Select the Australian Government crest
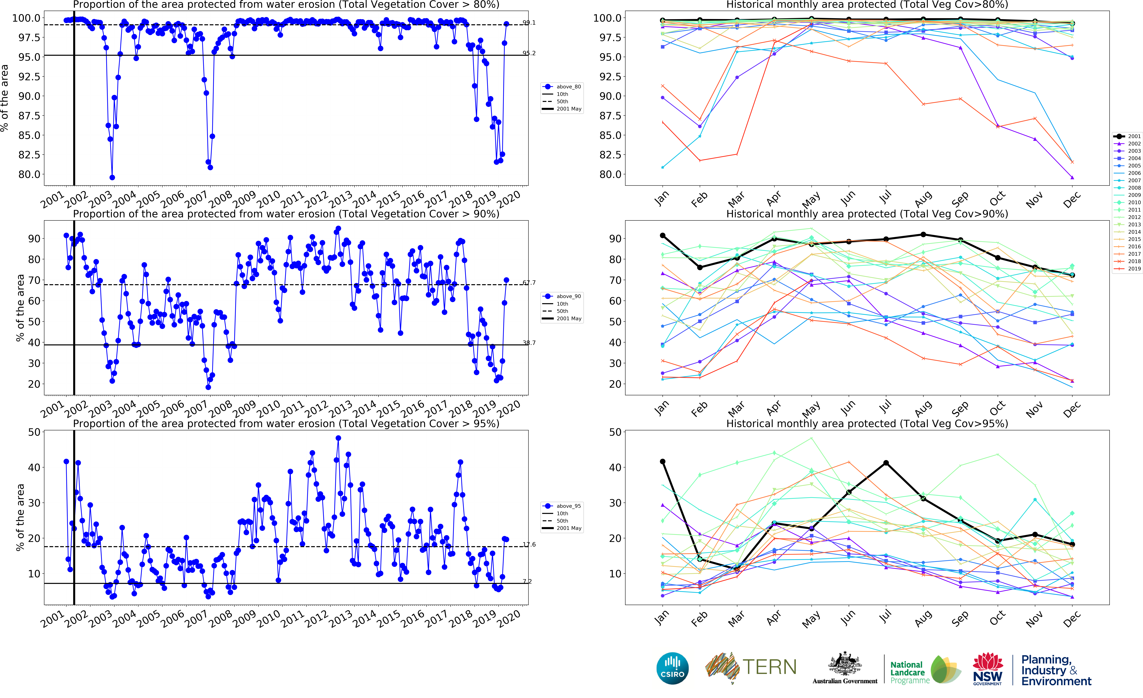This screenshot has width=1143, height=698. point(845,664)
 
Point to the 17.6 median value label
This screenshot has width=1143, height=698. point(529,544)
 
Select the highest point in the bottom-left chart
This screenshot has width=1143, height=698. point(338,438)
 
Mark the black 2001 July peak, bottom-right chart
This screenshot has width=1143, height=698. point(886,463)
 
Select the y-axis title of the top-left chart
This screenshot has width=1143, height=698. point(5,98)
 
